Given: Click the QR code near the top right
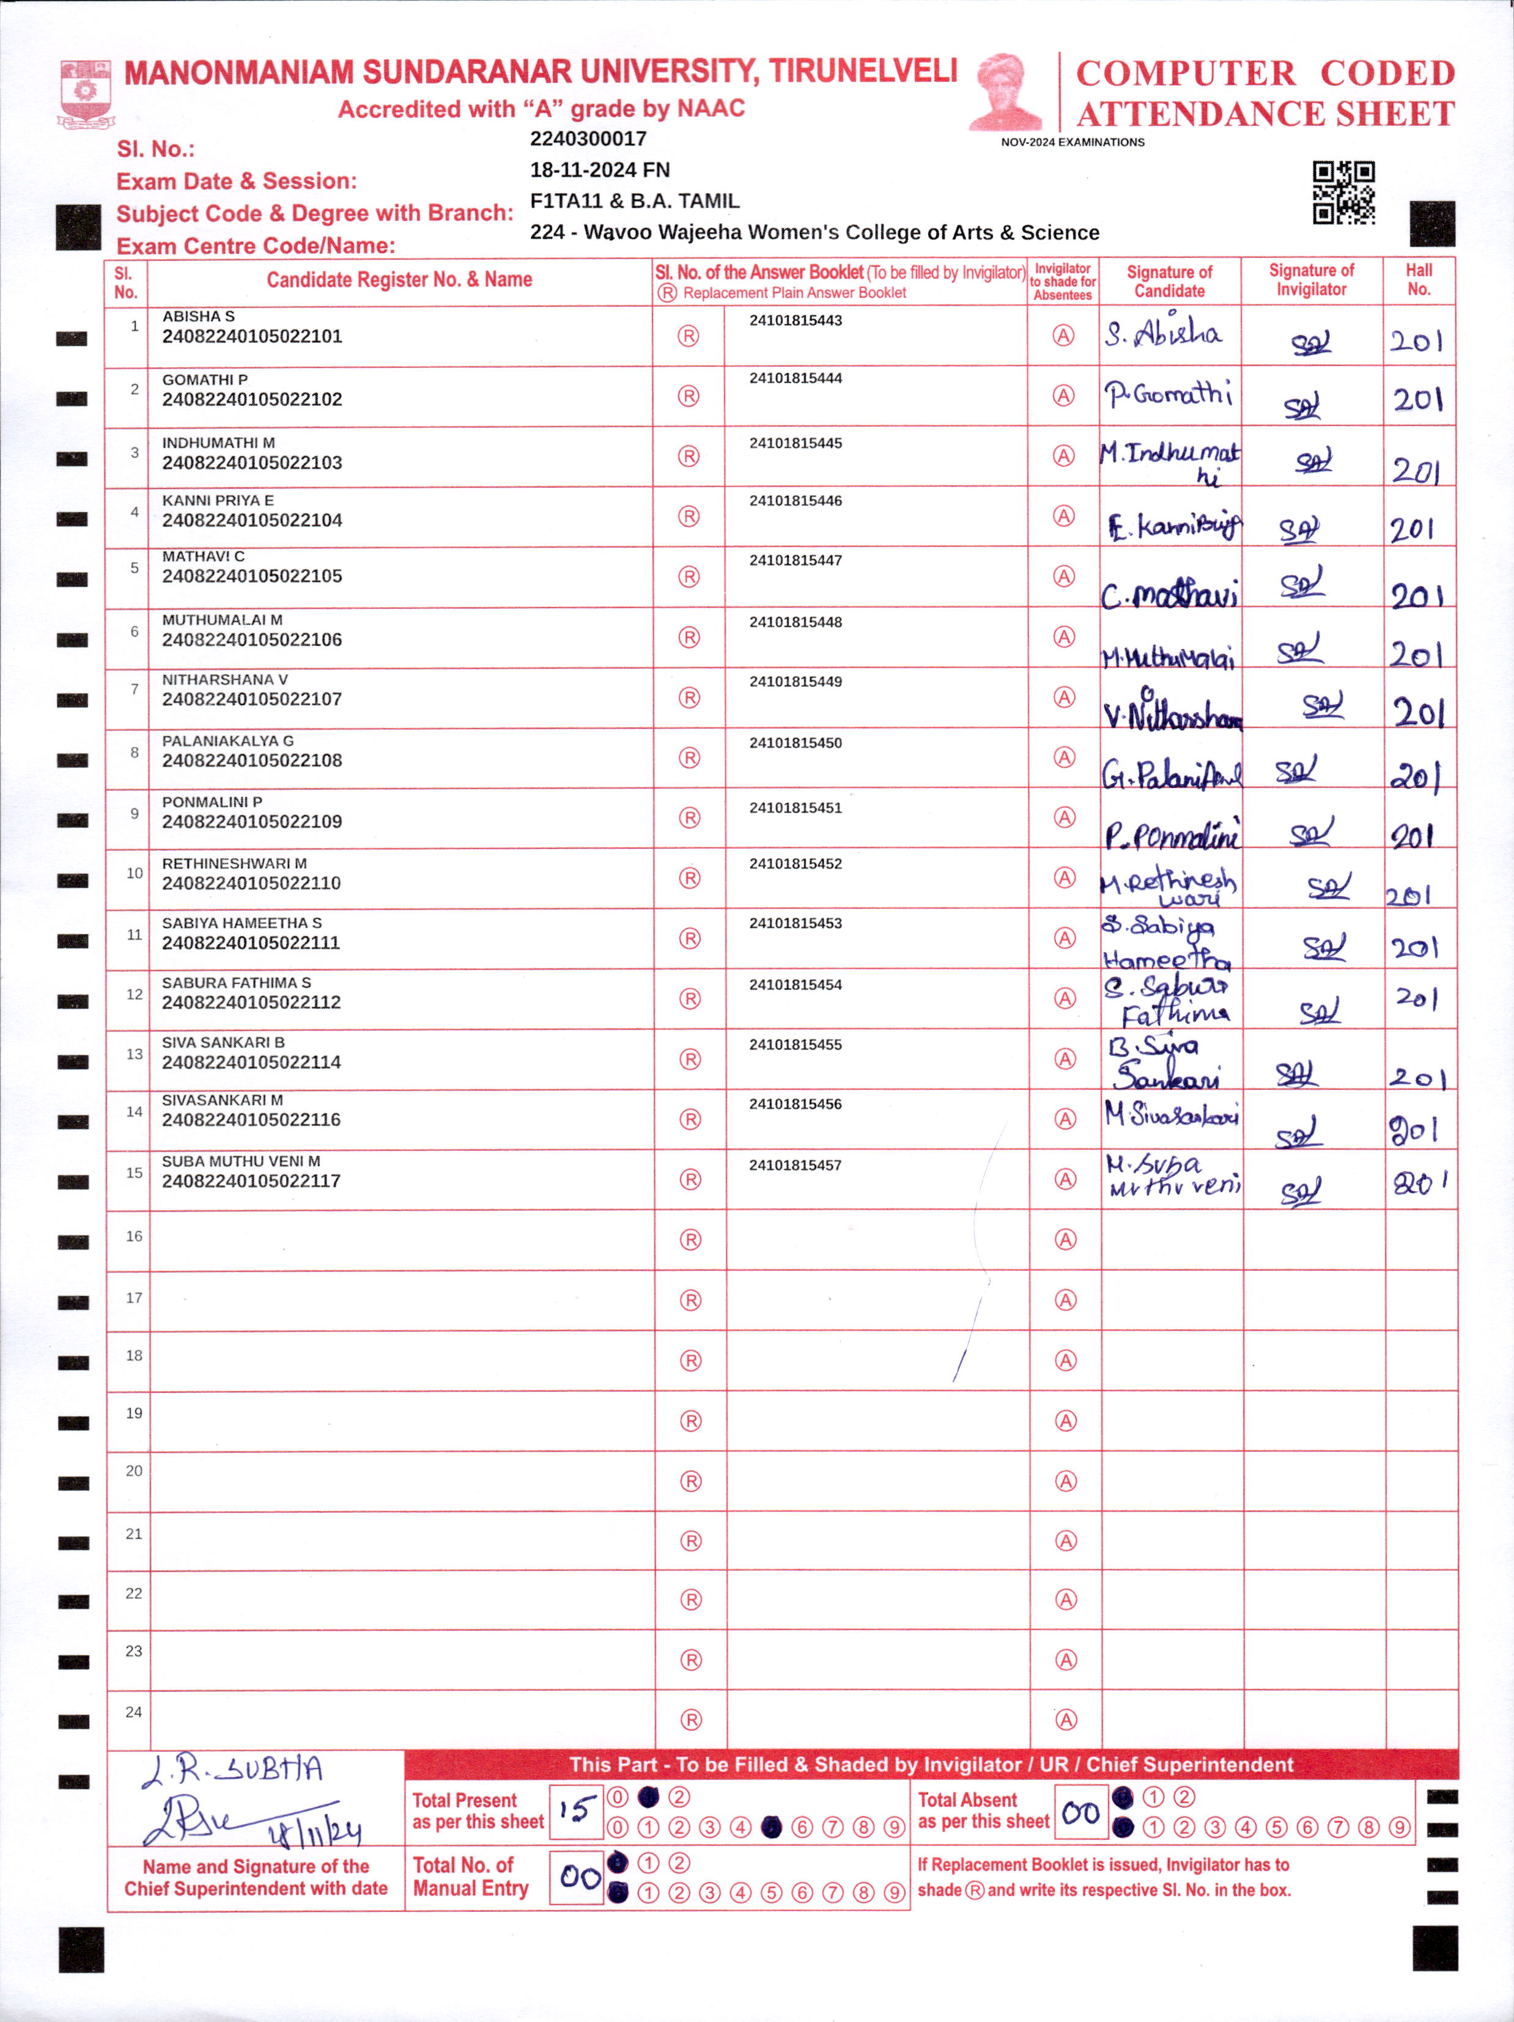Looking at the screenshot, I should (1343, 193).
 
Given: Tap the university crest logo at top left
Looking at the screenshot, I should (86, 94).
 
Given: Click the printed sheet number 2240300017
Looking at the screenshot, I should (588, 139).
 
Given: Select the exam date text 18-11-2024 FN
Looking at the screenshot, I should (600, 170).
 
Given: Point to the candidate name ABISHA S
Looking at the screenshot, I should (198, 316).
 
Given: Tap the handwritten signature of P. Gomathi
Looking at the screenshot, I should (1167, 395).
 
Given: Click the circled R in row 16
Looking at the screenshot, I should (691, 1240).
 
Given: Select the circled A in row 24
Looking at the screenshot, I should (1066, 1719).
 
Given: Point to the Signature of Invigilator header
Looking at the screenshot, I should (1311, 280).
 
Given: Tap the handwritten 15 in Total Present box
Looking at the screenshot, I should (577, 1809).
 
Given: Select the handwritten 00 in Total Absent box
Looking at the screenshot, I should (1080, 1811).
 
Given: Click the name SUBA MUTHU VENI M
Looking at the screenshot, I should (240, 1161).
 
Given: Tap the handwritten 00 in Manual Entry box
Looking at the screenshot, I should (580, 1878).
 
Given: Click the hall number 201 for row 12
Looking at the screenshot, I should (1416, 998).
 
